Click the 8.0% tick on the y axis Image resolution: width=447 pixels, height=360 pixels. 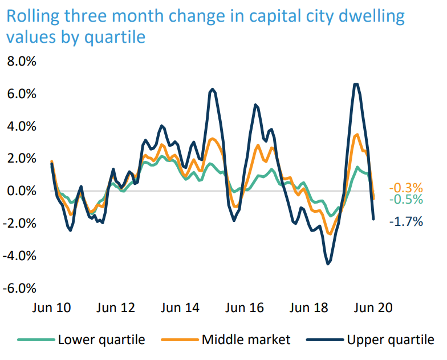click(22, 61)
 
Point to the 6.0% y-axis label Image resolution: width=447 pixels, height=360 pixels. click(22, 94)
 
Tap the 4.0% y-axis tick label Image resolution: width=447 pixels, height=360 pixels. click(22, 126)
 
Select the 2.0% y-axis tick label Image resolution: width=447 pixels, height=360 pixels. click(22, 159)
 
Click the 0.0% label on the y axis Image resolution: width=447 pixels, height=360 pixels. click(22, 191)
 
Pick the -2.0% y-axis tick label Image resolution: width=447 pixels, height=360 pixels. click(20, 224)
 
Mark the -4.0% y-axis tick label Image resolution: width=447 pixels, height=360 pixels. click(20, 256)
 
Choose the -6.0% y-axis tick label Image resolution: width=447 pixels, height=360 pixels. click(20, 289)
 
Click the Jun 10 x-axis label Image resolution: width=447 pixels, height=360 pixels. click(51, 308)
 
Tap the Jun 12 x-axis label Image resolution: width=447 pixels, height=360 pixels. click(116, 308)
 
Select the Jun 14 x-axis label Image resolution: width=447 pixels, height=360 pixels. click(180, 308)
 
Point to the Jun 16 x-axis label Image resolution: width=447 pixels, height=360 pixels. click(245, 308)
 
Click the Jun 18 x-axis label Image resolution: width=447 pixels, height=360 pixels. click(309, 308)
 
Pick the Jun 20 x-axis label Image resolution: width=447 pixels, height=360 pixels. click(373, 308)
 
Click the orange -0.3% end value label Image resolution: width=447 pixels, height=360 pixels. click(406, 188)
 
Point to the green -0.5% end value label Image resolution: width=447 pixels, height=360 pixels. click(406, 200)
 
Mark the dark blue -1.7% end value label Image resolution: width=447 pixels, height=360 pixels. click(406, 222)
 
